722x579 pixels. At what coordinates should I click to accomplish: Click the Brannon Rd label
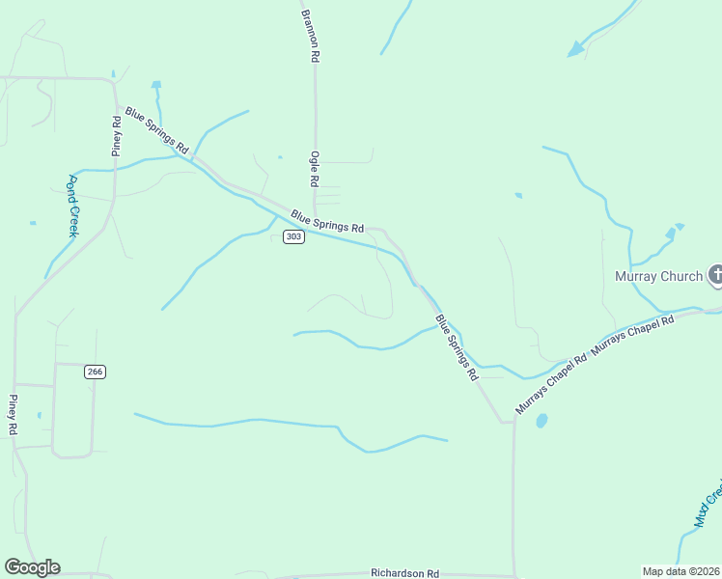pos(309,36)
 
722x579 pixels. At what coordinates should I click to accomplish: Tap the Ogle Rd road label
pos(314,169)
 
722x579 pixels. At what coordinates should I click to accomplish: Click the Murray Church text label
pos(659,277)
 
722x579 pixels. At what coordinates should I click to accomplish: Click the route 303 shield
pos(294,237)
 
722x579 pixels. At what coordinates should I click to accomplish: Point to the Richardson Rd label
pos(404,572)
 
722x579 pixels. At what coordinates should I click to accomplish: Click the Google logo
pos(33,567)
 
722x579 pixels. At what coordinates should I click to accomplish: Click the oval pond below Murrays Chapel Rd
pos(541,421)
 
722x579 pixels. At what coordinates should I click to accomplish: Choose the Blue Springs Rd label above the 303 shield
pos(327,222)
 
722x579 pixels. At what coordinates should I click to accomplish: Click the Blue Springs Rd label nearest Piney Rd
pos(155,133)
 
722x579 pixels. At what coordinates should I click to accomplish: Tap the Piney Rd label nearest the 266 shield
pos(13,415)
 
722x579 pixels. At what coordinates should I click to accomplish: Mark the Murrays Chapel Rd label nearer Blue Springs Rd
pos(551,386)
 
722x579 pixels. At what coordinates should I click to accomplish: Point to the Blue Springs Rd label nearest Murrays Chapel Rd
pos(456,347)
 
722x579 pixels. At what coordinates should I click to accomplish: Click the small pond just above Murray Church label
pos(671,234)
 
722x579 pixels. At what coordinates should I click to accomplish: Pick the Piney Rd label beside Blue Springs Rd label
pos(117,136)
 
